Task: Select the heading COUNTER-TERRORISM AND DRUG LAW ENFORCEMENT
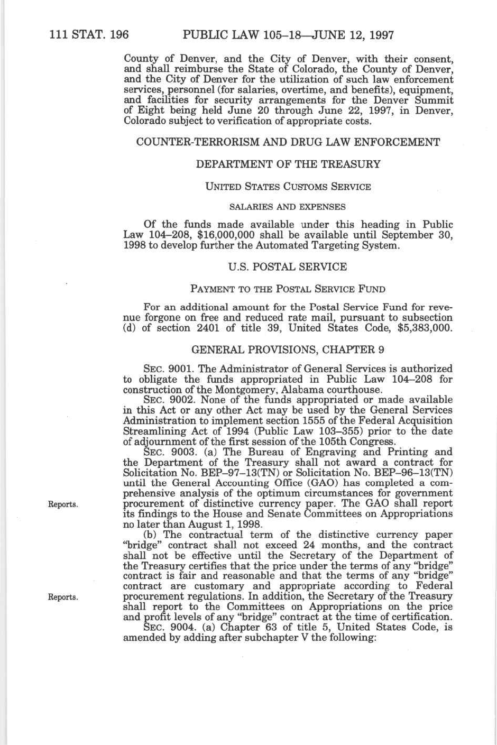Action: pos(288,142)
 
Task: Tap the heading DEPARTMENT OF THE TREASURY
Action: pos(288,164)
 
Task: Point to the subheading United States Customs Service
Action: pos(288,187)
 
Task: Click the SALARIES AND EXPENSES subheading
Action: pos(288,207)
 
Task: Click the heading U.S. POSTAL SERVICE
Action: pos(288,267)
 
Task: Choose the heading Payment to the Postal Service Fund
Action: pos(288,289)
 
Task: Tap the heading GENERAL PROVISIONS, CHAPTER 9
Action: pos(288,349)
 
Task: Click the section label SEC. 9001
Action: pos(163,369)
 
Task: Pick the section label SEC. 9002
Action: pos(163,400)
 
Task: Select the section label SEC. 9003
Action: pos(163,452)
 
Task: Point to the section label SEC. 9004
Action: pos(163,628)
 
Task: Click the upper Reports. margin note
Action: pos(63,504)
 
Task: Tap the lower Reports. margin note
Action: pos(63,597)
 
